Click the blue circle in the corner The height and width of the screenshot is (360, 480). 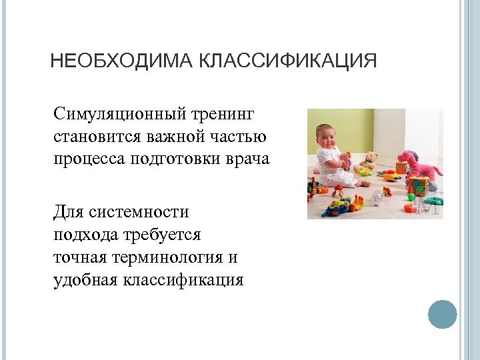tap(442, 313)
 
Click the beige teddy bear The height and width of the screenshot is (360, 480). tap(369, 161)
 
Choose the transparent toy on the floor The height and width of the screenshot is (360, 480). tap(377, 196)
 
